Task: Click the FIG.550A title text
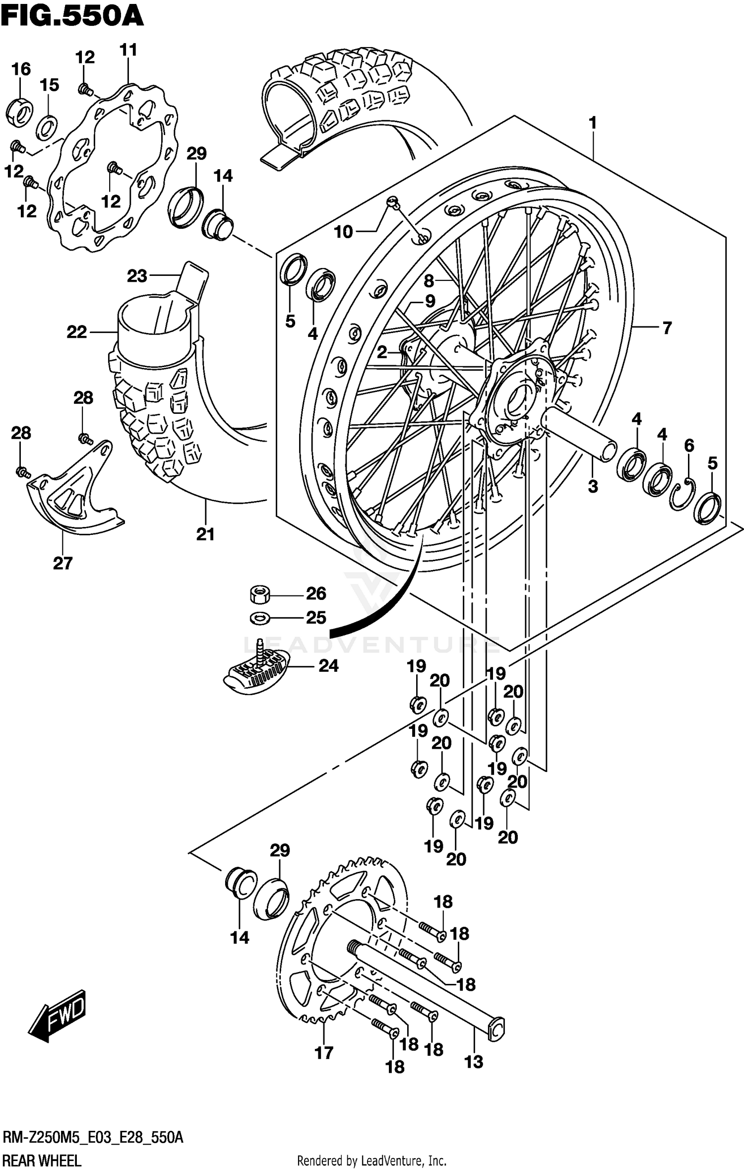coord(72,16)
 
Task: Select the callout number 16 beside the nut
coord(21,69)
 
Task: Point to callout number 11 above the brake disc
coord(128,50)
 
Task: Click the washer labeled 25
coord(259,618)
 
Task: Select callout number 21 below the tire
coord(205,534)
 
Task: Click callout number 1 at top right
coord(592,123)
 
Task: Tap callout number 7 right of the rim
coord(667,327)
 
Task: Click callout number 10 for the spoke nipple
coord(343,232)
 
